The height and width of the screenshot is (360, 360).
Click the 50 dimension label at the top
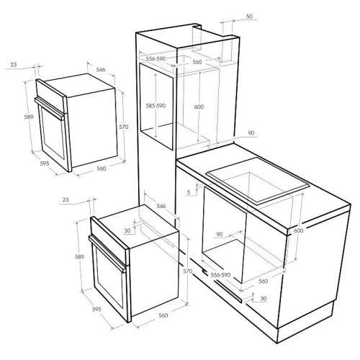[x=249, y=17]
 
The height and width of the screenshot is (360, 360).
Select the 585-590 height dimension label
[x=156, y=106]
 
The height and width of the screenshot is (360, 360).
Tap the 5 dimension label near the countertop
[x=189, y=192]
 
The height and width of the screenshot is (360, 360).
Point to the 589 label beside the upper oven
[x=29, y=117]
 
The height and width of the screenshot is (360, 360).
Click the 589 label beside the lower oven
[x=79, y=257]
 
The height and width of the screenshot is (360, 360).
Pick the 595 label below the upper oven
[x=45, y=163]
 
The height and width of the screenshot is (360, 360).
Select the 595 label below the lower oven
[x=96, y=310]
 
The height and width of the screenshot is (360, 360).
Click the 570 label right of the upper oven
[x=124, y=127]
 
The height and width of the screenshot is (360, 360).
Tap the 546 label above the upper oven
[x=101, y=70]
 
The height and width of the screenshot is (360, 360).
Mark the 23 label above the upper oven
[x=14, y=65]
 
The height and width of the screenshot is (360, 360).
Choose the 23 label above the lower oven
[x=66, y=199]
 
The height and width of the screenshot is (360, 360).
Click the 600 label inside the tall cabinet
[x=199, y=107]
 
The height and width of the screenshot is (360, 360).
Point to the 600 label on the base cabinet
[x=298, y=230]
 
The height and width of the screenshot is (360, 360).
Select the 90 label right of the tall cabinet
[x=251, y=132]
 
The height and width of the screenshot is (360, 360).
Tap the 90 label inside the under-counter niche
[x=220, y=234]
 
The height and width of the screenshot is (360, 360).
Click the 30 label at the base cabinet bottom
[x=264, y=299]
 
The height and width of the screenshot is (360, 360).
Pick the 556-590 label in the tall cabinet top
[x=156, y=58]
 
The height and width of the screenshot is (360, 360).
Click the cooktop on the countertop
[x=258, y=183]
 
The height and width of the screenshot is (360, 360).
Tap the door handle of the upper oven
[x=50, y=109]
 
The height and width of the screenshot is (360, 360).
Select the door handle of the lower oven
[x=107, y=254]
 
